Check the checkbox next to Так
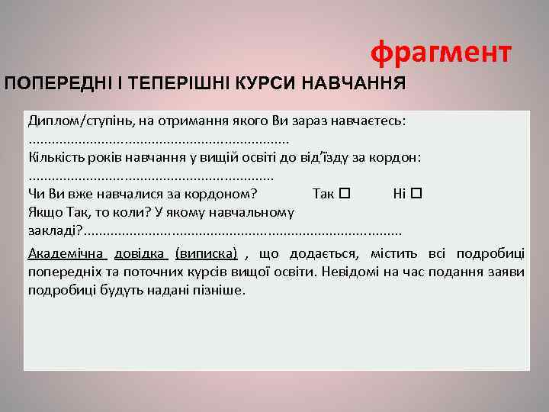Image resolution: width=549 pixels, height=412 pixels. point(344,193)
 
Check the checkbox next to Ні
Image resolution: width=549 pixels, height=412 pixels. point(416,193)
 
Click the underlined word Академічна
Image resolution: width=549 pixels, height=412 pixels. point(66,253)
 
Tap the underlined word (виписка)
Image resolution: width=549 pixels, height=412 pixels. point(206,253)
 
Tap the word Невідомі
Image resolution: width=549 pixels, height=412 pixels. point(355,272)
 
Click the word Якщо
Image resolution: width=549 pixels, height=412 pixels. point(43,211)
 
